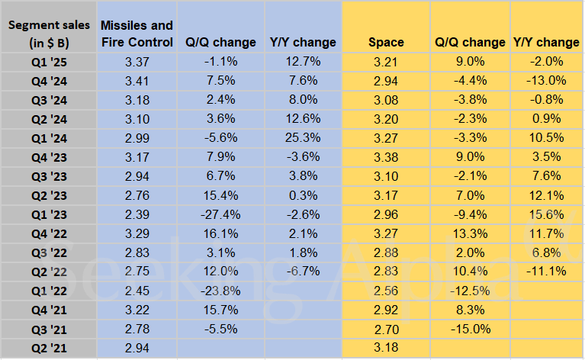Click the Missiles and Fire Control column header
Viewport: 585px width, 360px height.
pyautogui.click(x=137, y=34)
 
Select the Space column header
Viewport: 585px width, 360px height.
pyautogui.click(x=385, y=43)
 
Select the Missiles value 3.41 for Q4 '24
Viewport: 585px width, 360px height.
pyautogui.click(x=137, y=81)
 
